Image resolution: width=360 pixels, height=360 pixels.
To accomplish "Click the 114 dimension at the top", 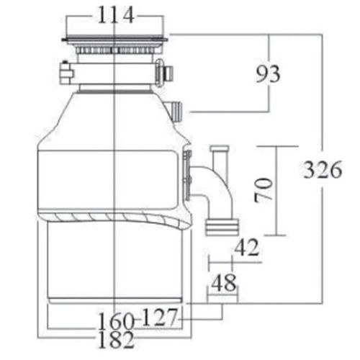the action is point(116,15).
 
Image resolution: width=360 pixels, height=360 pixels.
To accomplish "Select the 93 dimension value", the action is point(268,73).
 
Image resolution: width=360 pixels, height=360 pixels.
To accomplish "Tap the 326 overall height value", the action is point(323,170).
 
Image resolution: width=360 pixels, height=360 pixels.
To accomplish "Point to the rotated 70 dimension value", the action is point(264,190).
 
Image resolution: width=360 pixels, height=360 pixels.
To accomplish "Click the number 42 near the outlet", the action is point(247,248).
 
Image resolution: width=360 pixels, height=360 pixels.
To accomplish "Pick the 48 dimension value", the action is point(223,282).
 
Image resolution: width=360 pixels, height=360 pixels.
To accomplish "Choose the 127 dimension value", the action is point(160,317).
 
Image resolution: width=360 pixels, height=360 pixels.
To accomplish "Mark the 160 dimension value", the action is point(116,322).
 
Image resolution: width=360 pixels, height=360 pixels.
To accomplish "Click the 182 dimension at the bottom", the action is point(116,340).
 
